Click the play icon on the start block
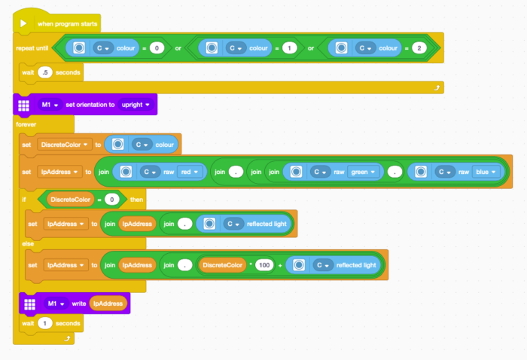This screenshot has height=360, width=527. pos(23,24)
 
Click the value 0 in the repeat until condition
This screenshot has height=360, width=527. pos(157,47)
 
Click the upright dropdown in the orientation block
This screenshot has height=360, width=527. pos(136,104)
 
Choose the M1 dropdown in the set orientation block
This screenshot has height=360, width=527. pos(50,104)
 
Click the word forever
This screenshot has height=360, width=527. pos(26,124)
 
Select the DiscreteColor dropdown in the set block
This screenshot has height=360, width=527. pos(65,143)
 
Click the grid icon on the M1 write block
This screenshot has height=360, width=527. pos(30,304)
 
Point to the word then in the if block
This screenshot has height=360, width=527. pos(136,200)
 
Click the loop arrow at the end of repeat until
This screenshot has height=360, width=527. pos(436,88)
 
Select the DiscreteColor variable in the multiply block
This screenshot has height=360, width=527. pos(224,264)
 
